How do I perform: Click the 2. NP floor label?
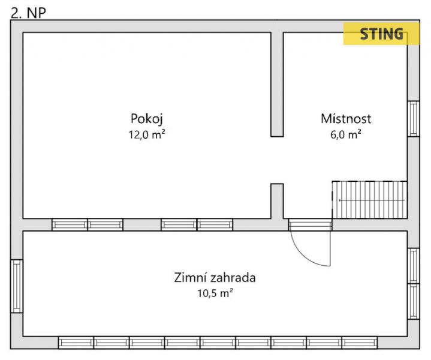28,13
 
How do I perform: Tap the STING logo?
381,34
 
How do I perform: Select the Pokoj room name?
147,119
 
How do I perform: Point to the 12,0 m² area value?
147,134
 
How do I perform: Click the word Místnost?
346,119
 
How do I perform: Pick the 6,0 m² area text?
346,134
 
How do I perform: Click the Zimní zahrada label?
215,277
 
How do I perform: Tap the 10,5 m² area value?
215,293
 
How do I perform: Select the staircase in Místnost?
369,200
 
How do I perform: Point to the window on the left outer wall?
17,286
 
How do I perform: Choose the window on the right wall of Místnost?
414,119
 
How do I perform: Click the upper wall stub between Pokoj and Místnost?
277,84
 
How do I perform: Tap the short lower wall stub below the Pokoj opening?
277,201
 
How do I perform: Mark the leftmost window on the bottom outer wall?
76,343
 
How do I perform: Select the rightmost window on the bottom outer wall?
360,343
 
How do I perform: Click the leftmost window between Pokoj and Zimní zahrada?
70,225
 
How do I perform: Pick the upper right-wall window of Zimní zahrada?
414,266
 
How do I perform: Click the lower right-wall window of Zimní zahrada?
414,301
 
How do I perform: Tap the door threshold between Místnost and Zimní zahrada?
311,225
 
